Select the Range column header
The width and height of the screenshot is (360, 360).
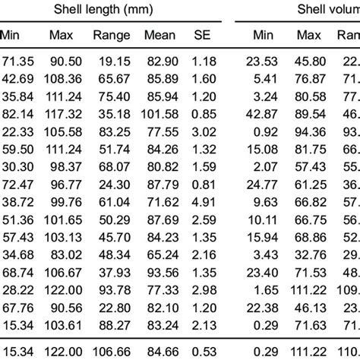click(112, 35)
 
